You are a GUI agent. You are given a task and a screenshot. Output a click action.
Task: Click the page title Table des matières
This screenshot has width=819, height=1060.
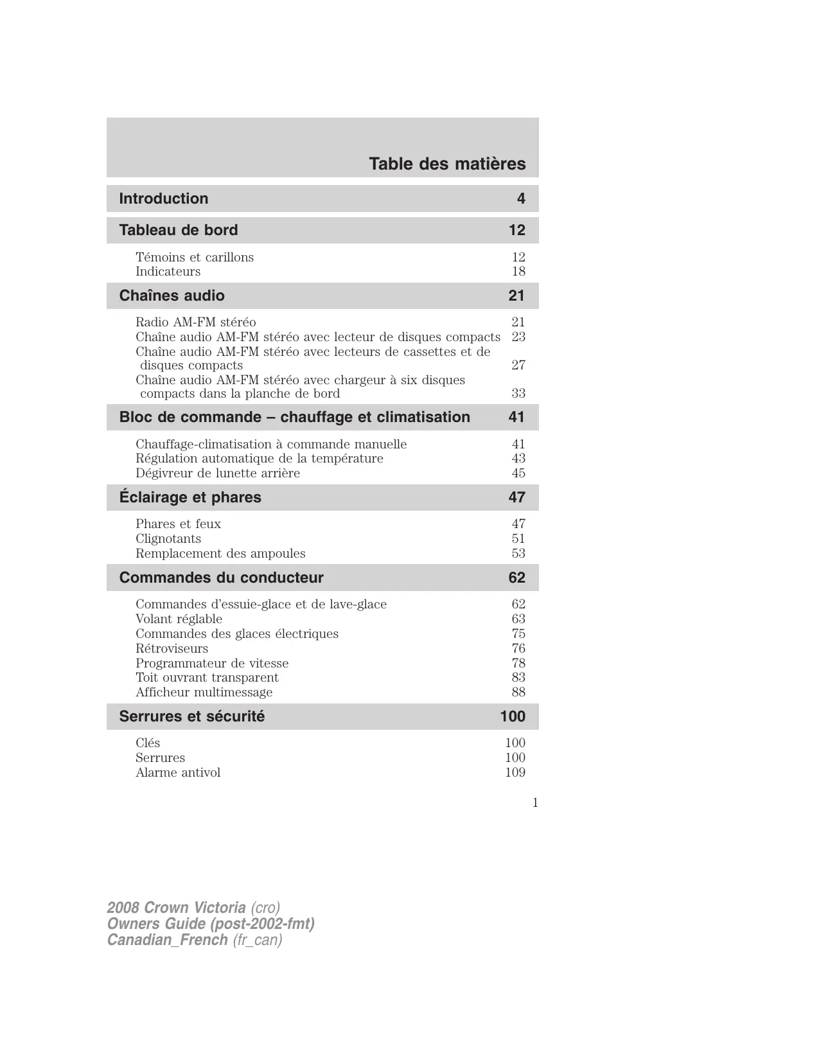click(x=447, y=164)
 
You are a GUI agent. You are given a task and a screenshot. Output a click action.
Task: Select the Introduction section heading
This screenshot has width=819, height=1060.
click(x=164, y=199)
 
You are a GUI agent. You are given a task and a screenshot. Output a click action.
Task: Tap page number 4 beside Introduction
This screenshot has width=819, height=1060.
click(x=521, y=199)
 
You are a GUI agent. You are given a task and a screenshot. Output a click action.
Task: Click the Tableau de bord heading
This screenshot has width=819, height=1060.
click(x=179, y=230)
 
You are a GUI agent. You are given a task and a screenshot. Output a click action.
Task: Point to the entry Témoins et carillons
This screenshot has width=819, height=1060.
click(x=195, y=257)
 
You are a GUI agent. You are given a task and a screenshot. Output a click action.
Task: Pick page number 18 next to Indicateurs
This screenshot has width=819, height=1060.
click(x=518, y=271)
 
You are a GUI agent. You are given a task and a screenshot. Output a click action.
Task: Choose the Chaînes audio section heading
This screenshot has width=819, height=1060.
click(x=172, y=296)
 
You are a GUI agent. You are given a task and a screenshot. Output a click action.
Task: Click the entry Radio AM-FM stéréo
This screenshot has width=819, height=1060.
click(x=196, y=322)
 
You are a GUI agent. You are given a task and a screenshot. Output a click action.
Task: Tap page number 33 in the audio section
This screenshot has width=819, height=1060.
click(x=518, y=393)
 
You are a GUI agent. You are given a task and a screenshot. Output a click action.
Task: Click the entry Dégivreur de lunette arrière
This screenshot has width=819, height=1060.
click(x=218, y=473)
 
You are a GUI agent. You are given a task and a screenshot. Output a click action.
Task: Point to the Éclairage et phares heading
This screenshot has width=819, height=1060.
click(x=190, y=497)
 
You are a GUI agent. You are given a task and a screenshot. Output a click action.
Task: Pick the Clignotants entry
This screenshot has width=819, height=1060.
click(x=168, y=538)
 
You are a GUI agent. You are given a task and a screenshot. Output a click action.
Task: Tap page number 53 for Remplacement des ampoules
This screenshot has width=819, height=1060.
click(x=518, y=553)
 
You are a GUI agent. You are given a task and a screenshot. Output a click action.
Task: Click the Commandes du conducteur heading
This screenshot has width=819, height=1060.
click(x=222, y=578)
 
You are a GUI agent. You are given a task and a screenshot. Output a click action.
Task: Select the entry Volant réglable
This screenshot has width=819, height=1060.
click(x=179, y=619)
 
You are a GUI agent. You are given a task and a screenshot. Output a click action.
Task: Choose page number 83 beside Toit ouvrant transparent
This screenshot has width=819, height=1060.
click(x=518, y=677)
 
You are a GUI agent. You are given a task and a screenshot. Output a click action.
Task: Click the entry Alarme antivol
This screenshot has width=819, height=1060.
click(x=178, y=772)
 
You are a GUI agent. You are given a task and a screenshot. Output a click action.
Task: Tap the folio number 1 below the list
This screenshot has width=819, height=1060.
click(x=535, y=802)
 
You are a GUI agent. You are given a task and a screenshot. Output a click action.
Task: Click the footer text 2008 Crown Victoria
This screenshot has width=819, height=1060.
click(x=176, y=908)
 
